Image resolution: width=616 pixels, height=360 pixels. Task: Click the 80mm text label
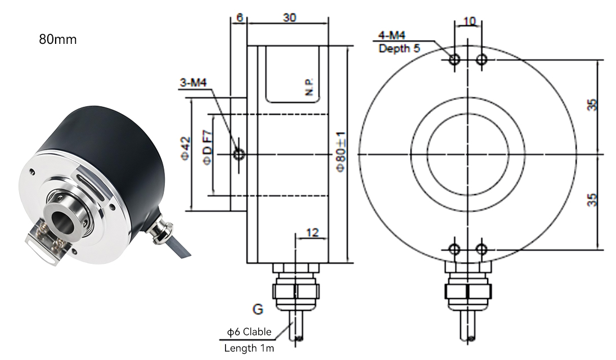click(x=58, y=39)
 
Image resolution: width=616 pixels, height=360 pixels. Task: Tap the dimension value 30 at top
click(x=290, y=17)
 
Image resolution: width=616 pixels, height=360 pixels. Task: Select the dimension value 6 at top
click(x=240, y=17)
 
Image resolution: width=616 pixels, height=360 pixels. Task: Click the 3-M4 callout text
click(x=194, y=83)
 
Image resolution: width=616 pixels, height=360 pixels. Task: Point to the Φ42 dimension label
click(x=186, y=148)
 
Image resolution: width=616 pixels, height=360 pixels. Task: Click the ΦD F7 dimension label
click(x=208, y=147)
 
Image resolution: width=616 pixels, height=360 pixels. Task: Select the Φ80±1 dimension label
click(x=341, y=151)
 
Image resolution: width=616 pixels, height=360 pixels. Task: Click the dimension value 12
click(x=312, y=233)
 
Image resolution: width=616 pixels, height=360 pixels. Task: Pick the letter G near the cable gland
click(x=258, y=309)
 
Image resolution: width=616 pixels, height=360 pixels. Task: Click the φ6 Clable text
click(x=249, y=332)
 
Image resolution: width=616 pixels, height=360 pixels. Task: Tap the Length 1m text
click(x=249, y=348)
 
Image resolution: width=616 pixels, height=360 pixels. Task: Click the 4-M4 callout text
click(x=392, y=36)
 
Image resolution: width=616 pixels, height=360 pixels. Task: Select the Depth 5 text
click(x=399, y=48)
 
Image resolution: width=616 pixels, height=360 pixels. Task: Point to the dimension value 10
click(x=469, y=20)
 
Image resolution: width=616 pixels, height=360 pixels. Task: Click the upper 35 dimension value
click(x=592, y=105)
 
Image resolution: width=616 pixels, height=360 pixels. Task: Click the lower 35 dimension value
click(x=592, y=200)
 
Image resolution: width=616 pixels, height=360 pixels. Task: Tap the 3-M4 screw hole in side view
click(x=239, y=155)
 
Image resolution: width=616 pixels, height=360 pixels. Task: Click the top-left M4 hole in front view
click(x=455, y=60)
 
